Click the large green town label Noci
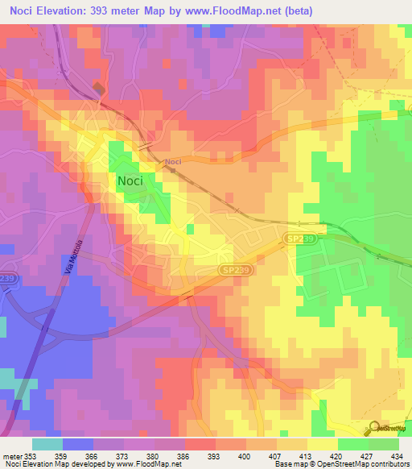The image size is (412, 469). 130,181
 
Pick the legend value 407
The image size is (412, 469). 275,455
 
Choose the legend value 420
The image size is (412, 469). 336,455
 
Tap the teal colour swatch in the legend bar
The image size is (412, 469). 47,444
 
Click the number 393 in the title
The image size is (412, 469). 125,10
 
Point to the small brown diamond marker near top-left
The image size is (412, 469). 98,87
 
